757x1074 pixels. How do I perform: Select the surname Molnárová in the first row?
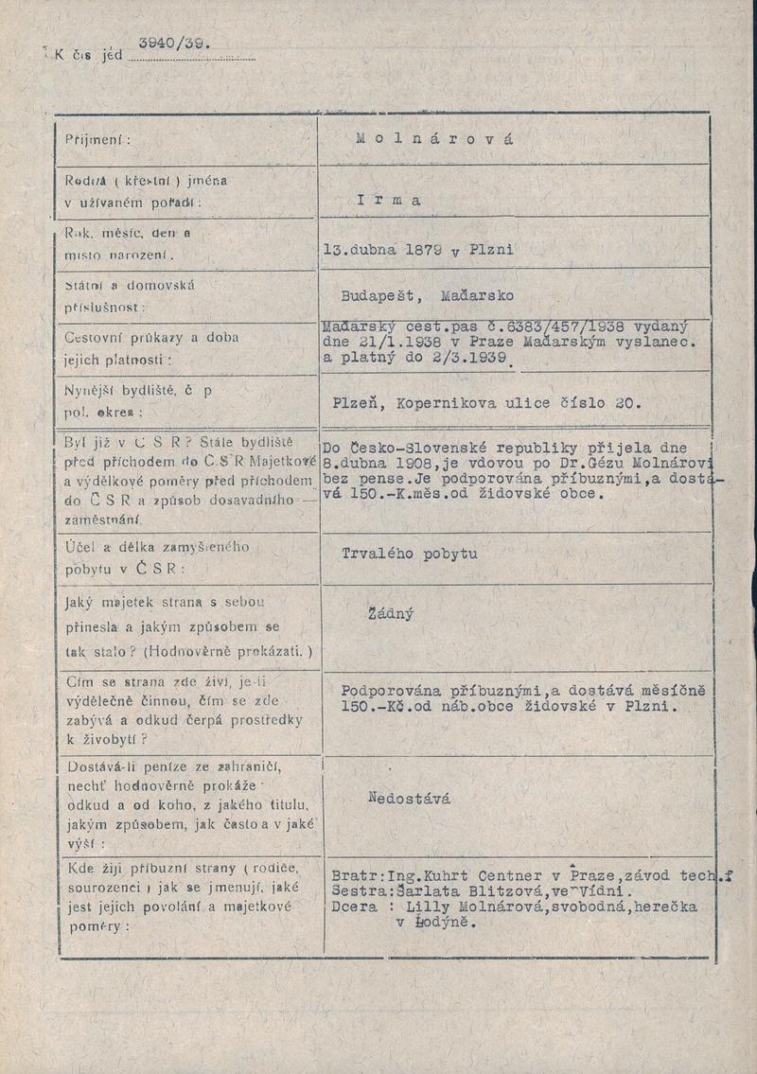tap(435, 138)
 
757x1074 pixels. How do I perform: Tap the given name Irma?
tap(390, 200)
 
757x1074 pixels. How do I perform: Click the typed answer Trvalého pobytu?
tap(410, 554)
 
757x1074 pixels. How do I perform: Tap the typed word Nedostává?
tap(409, 799)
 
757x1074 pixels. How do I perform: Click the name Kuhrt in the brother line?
tap(453, 876)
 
